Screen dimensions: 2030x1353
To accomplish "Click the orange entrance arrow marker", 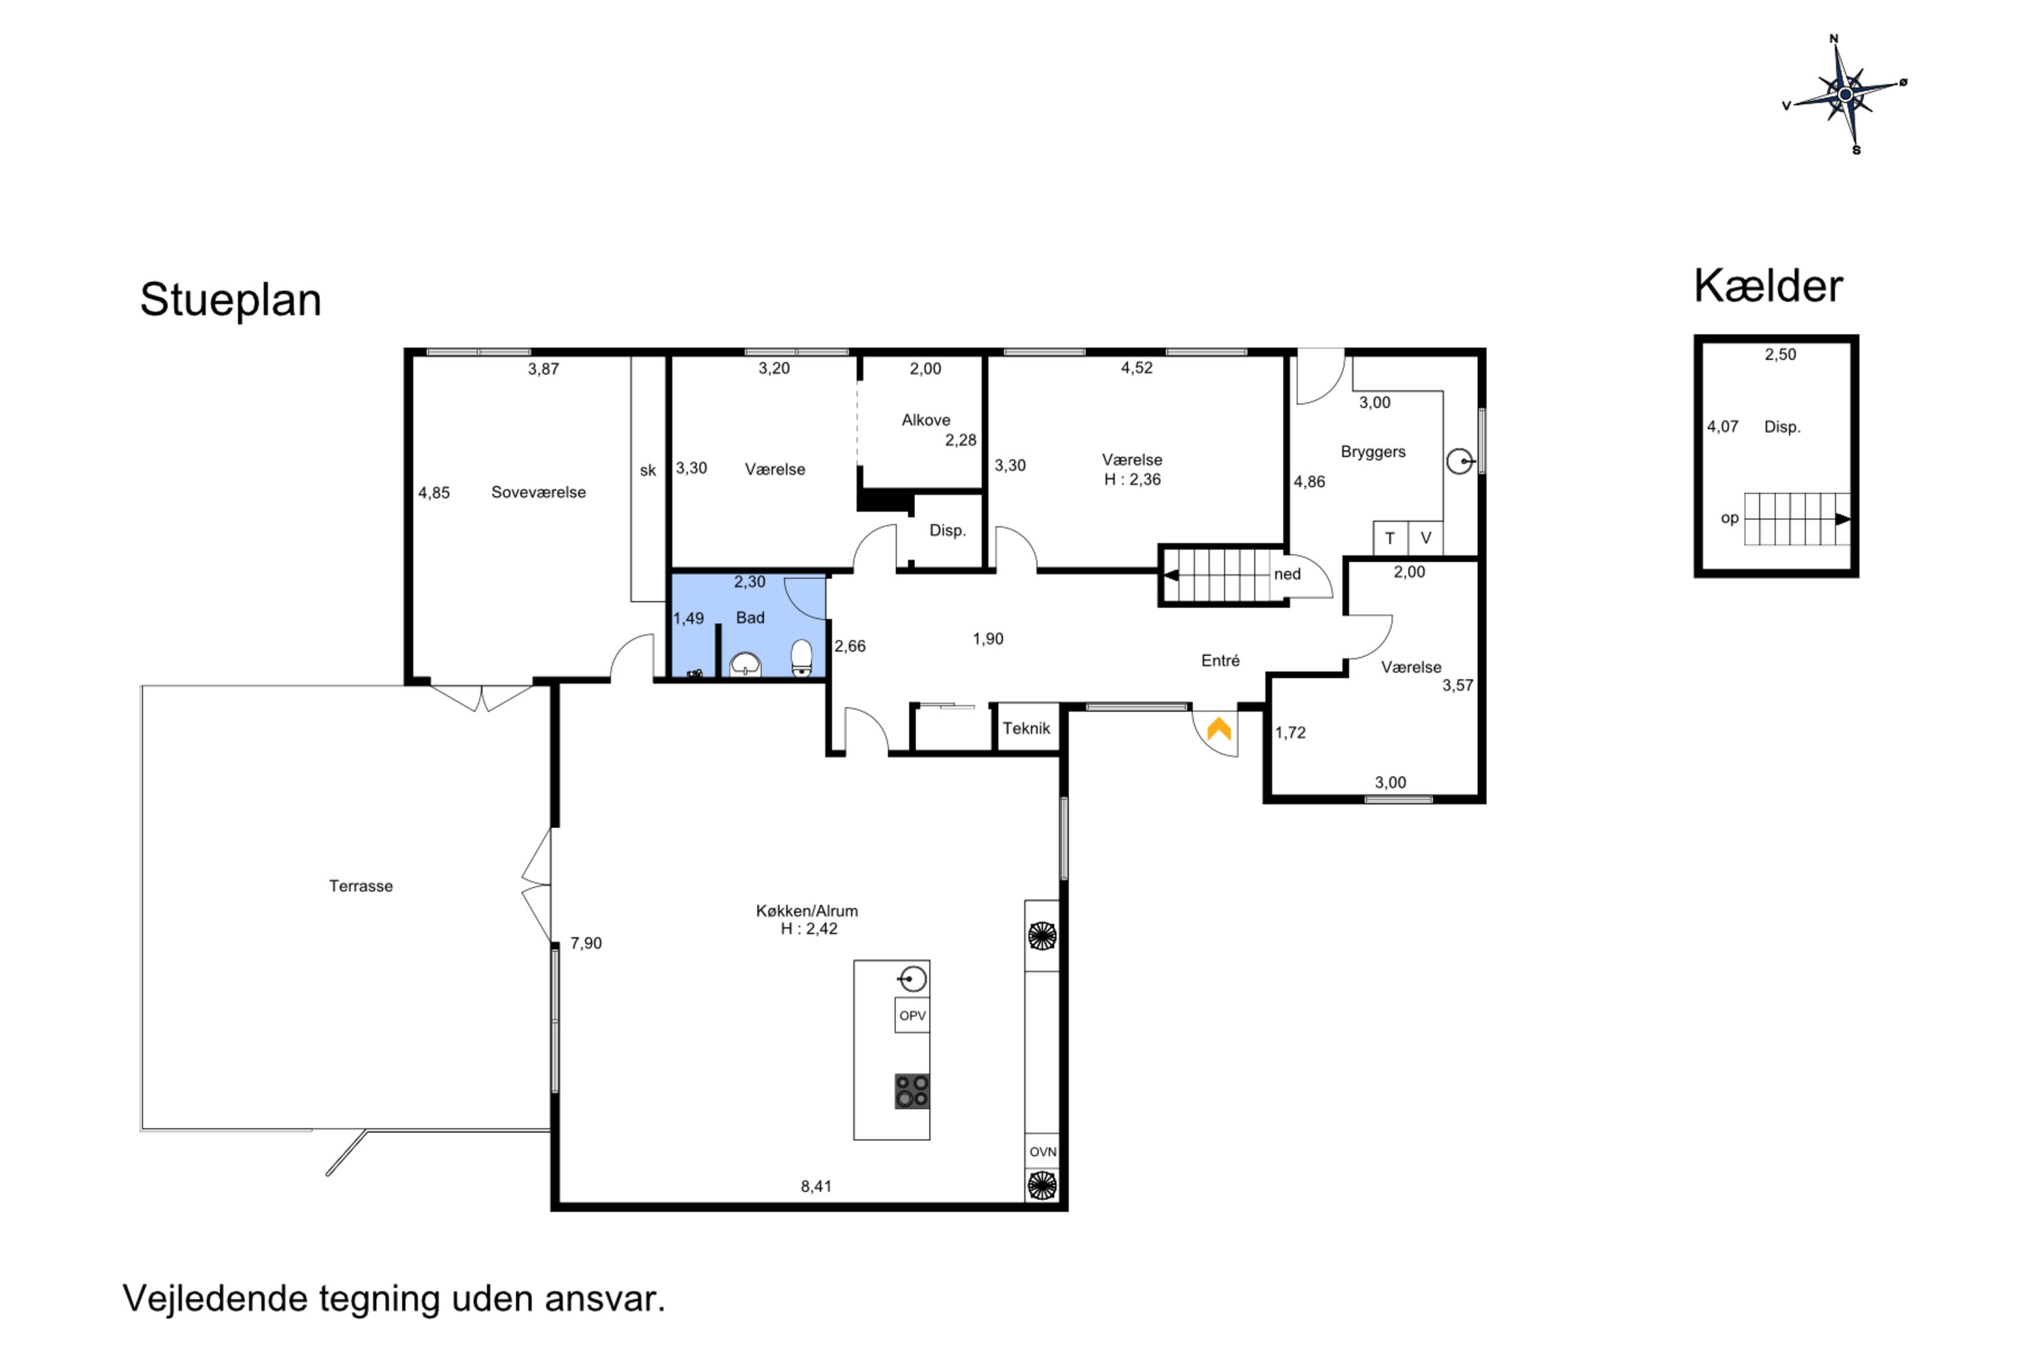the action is tap(1219, 729).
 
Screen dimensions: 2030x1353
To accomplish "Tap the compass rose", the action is tap(1845, 94).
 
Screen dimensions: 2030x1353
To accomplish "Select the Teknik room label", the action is tap(1027, 729).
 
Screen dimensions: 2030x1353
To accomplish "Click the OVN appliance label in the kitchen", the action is tap(1043, 1151).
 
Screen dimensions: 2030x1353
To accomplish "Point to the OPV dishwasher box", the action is tap(912, 1015).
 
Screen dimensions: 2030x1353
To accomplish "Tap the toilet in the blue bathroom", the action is tap(802, 658).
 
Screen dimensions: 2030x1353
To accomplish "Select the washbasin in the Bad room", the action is tap(745, 664).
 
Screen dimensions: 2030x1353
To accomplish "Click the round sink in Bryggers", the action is tap(1460, 461).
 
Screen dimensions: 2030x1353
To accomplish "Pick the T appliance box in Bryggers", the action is tap(1391, 538).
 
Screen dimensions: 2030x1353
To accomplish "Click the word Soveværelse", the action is tap(539, 492).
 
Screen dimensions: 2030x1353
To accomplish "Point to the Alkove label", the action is tap(926, 420).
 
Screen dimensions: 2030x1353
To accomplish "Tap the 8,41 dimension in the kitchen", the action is tap(817, 1187).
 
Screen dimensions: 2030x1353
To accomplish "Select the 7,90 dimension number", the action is tap(586, 943).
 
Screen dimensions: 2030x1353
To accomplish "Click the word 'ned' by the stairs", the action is tap(1287, 574).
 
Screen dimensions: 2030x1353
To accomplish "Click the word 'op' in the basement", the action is tap(1730, 519).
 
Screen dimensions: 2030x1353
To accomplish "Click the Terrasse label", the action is tap(361, 886).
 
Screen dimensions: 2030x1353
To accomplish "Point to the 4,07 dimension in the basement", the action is tap(1723, 426).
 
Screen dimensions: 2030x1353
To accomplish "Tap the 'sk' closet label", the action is tap(648, 470).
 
